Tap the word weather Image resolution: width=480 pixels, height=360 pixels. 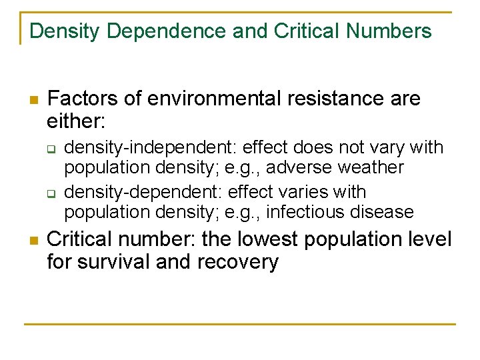click(371, 167)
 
